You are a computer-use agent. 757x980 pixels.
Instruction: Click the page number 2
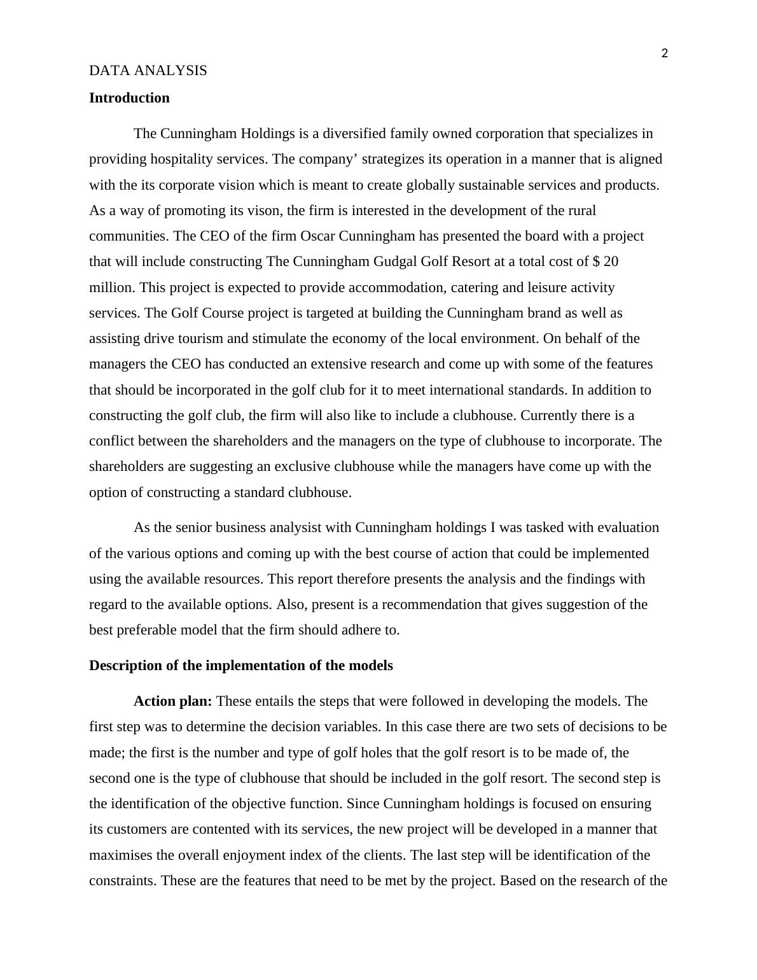(x=665, y=53)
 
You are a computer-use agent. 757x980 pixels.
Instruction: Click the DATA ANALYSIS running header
(x=148, y=71)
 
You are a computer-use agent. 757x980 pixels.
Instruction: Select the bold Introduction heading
(x=129, y=98)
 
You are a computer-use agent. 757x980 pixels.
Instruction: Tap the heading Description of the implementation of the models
(x=240, y=666)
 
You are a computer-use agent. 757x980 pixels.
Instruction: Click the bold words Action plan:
(x=172, y=701)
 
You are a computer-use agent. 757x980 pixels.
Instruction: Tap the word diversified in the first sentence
(x=355, y=134)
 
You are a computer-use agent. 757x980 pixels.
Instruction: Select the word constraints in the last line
(x=123, y=881)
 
